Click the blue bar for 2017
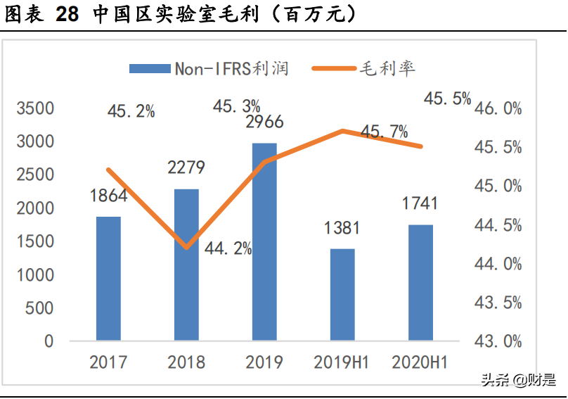click(108, 279)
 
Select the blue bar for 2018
click(186, 265)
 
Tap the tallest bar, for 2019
click(264, 242)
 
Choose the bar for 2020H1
click(420, 283)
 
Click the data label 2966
click(264, 122)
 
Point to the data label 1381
click(342, 228)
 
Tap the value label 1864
click(108, 196)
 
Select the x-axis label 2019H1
click(342, 362)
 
